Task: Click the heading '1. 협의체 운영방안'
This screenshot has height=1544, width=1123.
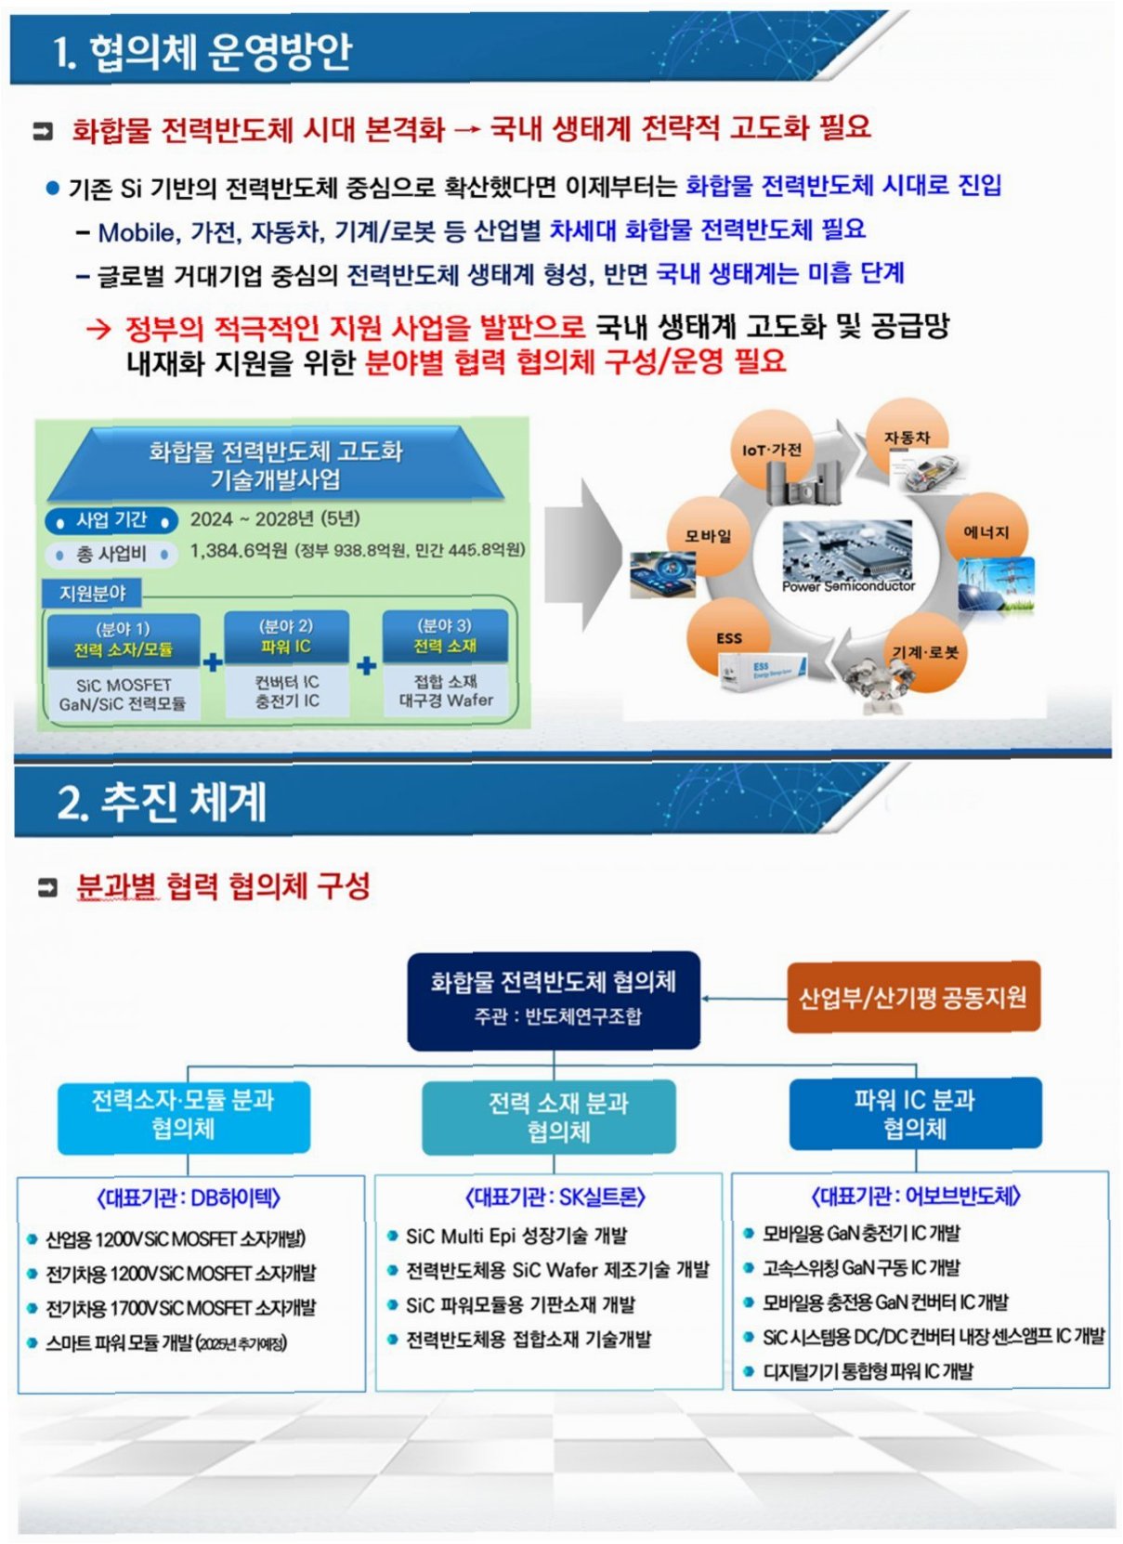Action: tap(202, 51)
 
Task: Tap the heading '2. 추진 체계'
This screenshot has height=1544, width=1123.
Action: tap(162, 801)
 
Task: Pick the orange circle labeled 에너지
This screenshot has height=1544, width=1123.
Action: tap(986, 531)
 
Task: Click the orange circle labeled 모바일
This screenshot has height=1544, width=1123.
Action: tap(708, 535)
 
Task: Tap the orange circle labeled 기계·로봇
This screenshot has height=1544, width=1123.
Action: tap(924, 652)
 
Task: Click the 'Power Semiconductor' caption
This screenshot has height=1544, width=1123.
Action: tap(847, 586)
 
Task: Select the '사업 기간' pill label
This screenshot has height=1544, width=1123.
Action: tap(111, 519)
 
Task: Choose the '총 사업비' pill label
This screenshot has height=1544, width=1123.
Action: tap(111, 554)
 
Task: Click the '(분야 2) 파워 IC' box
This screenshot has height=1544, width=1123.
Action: tap(286, 636)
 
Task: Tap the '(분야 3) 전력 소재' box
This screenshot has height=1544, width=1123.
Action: tap(445, 636)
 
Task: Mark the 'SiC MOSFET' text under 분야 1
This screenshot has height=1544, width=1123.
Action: tap(123, 685)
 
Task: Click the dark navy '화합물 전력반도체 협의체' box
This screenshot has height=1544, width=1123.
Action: tap(553, 998)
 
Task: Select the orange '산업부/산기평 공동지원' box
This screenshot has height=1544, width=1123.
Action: tap(912, 997)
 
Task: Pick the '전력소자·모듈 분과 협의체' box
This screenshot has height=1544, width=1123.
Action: tap(183, 1114)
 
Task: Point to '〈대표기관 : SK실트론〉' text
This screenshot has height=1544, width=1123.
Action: tap(555, 1197)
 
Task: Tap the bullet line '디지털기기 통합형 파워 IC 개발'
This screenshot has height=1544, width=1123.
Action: tap(868, 1370)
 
